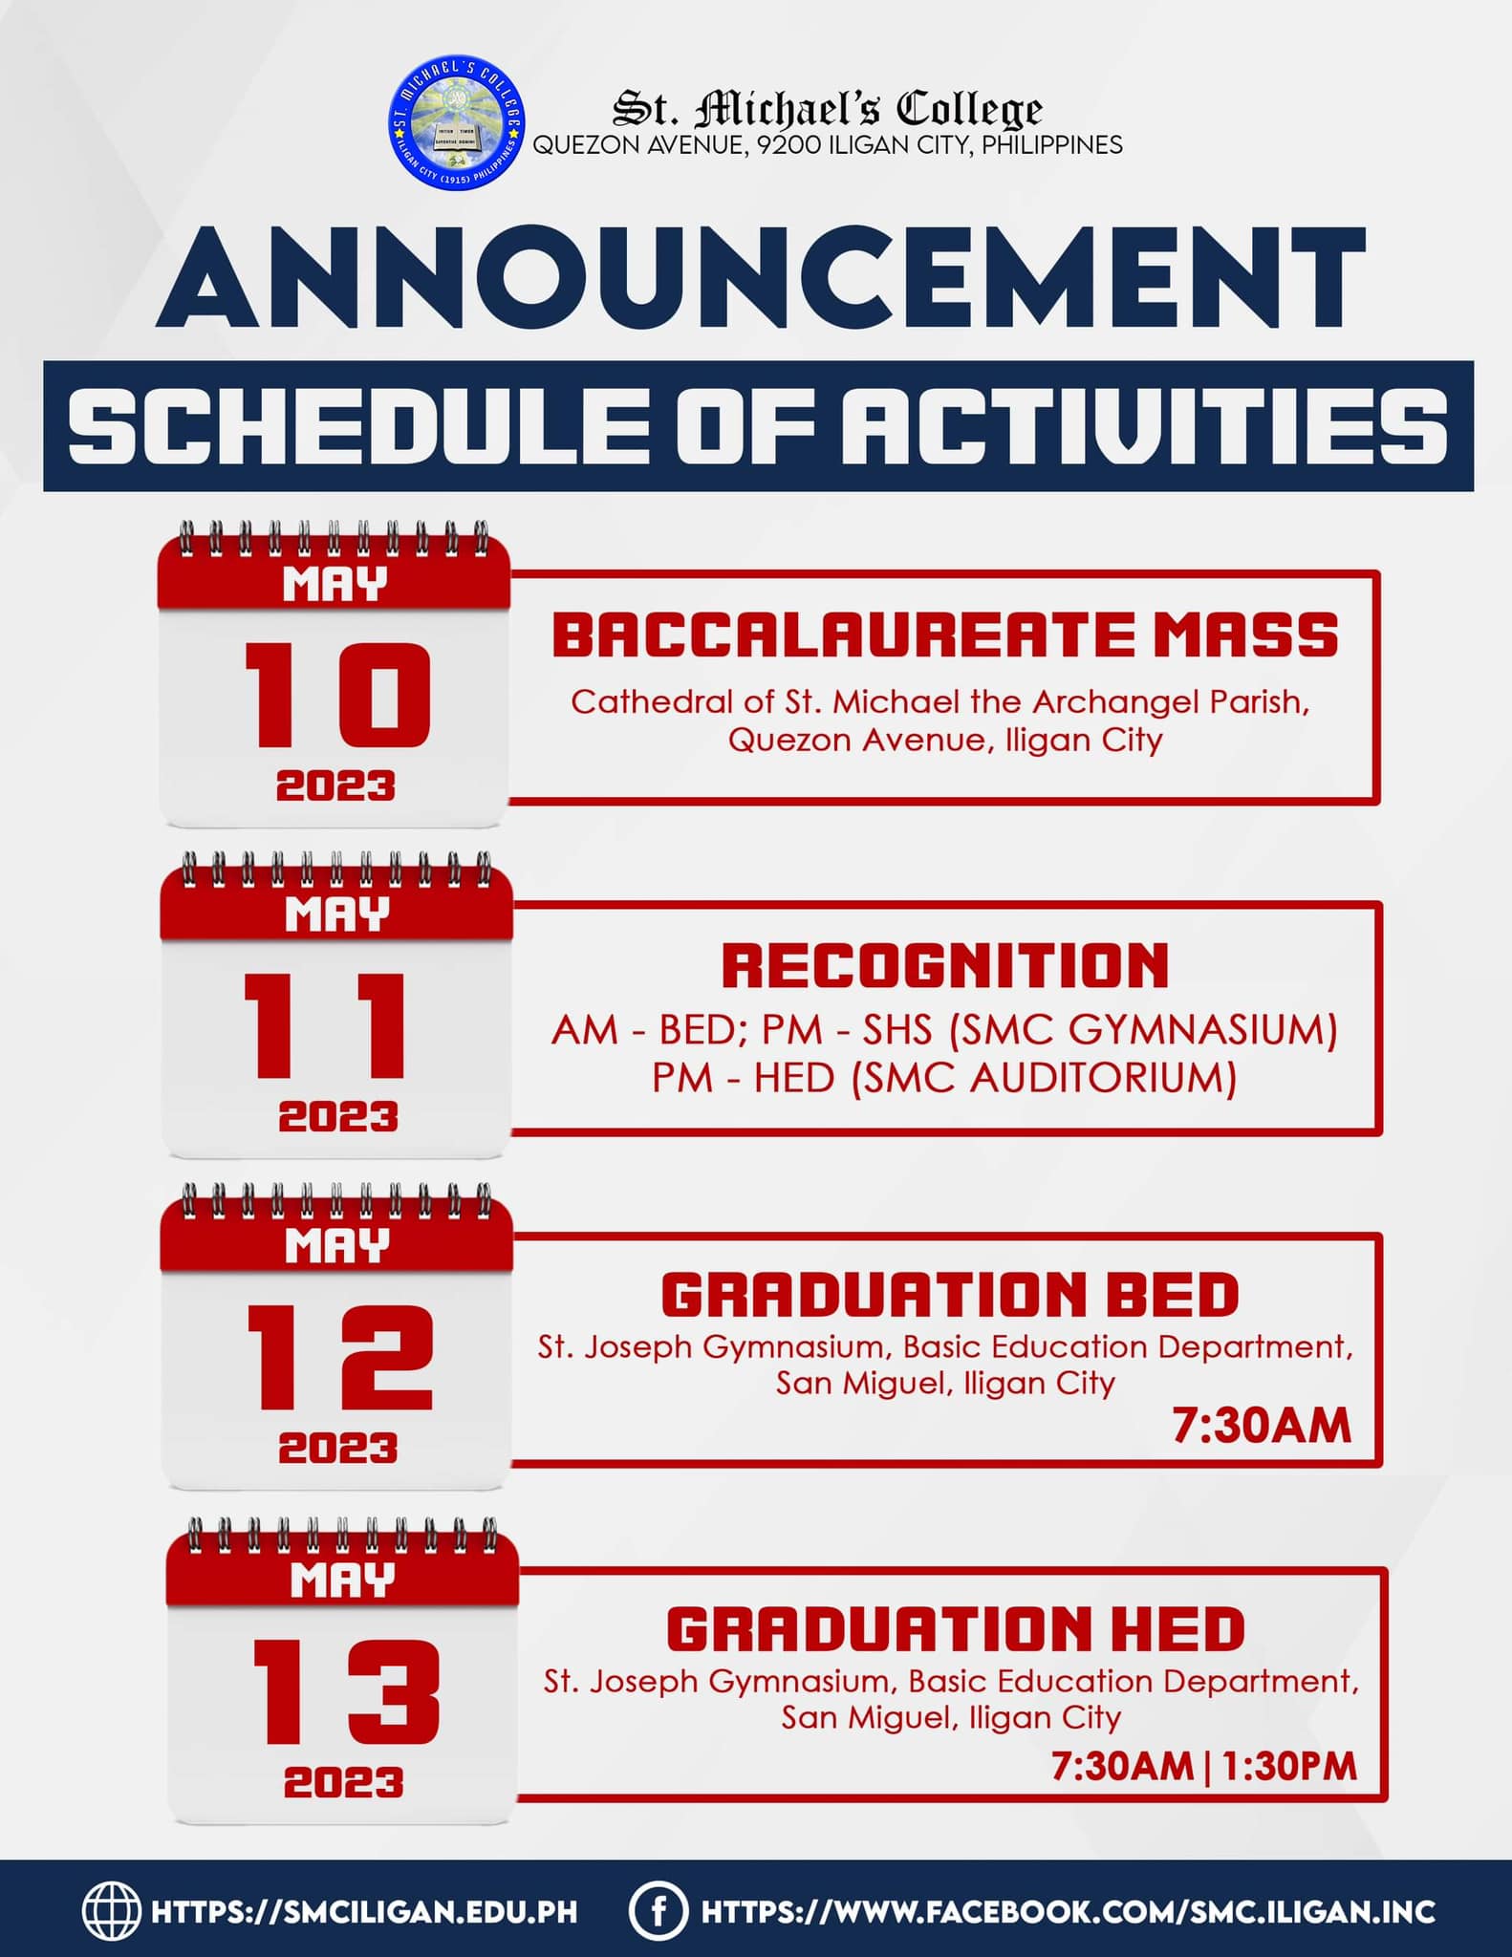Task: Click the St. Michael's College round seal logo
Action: pyautogui.click(x=458, y=122)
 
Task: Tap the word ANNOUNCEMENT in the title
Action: pyautogui.click(x=761, y=279)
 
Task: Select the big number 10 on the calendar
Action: pyautogui.click(x=336, y=695)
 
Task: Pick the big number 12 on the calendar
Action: pyautogui.click(x=340, y=1358)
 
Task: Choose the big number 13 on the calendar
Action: pyautogui.click(x=345, y=1691)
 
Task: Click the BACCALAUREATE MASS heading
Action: pyautogui.click(x=945, y=635)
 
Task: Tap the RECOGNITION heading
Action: pyautogui.click(x=945, y=965)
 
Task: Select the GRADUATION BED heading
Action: pyautogui.click(x=950, y=1296)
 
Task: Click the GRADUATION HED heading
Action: pyautogui.click(x=956, y=1629)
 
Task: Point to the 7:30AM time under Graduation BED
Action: pyautogui.click(x=1262, y=1426)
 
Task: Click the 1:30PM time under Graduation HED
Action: pyautogui.click(x=1289, y=1766)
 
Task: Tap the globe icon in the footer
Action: pyautogui.click(x=111, y=1911)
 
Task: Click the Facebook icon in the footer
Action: pyautogui.click(x=658, y=1911)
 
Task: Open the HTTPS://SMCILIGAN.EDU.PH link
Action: pyautogui.click(x=364, y=1912)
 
